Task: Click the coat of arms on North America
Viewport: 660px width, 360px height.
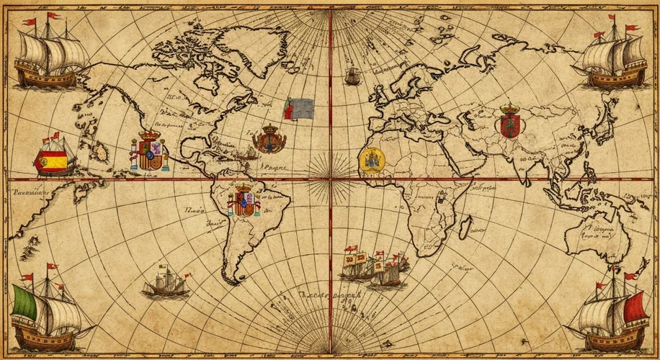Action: pos(149,152)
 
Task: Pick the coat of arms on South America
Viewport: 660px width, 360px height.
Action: pos(244,201)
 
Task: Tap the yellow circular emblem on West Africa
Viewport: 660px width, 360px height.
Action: pos(372,161)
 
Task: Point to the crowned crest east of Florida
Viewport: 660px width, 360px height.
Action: pos(269,138)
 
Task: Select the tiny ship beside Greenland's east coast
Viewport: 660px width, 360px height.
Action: pos(352,75)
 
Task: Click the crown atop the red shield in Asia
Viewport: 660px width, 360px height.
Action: pos(508,108)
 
